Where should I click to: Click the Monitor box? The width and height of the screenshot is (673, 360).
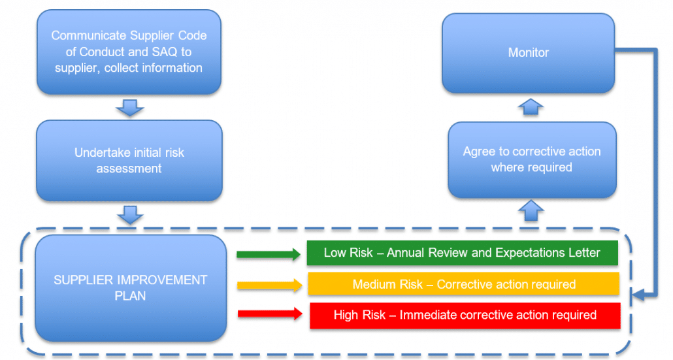(529, 53)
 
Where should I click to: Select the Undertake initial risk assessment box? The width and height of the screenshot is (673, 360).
(129, 161)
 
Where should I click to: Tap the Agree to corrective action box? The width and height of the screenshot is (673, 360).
(532, 159)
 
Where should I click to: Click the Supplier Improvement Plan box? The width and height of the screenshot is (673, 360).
(131, 288)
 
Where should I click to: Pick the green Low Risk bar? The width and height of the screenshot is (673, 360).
(462, 253)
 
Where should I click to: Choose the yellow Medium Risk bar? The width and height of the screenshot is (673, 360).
(463, 284)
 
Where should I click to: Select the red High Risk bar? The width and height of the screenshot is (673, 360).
(465, 316)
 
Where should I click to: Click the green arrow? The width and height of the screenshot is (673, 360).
(269, 254)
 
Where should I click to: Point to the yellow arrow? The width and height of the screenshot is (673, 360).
(270, 286)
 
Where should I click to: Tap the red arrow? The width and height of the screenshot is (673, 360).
(271, 314)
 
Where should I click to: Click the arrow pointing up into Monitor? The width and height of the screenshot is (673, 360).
(531, 107)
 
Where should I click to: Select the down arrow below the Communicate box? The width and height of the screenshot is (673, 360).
(129, 108)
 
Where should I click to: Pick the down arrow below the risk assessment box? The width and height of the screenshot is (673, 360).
(130, 215)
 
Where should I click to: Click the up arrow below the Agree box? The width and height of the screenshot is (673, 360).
(531, 210)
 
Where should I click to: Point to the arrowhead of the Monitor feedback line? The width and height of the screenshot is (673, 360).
(637, 295)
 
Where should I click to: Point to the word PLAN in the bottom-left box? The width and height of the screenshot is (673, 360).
(130, 296)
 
